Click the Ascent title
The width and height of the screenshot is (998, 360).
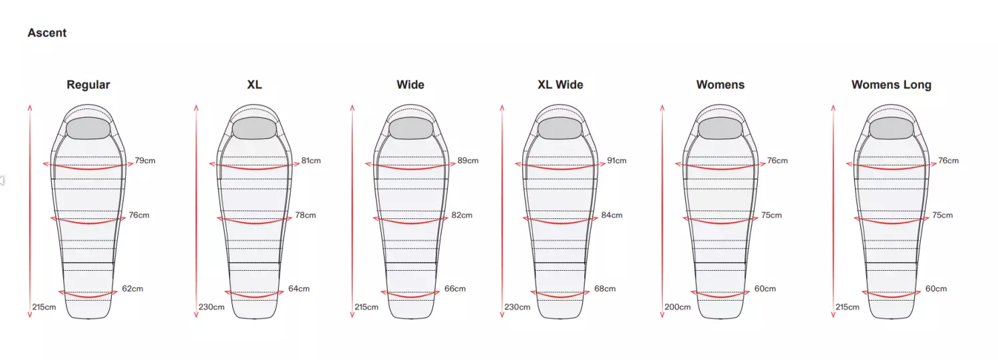pyautogui.click(x=47, y=33)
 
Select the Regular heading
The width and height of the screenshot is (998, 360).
pyautogui.click(x=88, y=85)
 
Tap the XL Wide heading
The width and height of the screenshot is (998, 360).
pyautogui.click(x=560, y=85)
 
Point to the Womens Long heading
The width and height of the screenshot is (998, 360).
pyautogui.click(x=891, y=85)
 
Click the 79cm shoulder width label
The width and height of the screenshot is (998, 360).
pyautogui.click(x=145, y=160)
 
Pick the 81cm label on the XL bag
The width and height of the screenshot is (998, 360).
pyautogui.click(x=311, y=160)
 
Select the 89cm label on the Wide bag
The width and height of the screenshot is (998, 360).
pyautogui.click(x=468, y=160)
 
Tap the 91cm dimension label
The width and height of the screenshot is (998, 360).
pyautogui.click(x=617, y=160)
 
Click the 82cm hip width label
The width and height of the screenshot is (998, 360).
pyautogui.click(x=462, y=215)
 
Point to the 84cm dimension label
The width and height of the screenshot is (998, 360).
pyautogui.click(x=611, y=215)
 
